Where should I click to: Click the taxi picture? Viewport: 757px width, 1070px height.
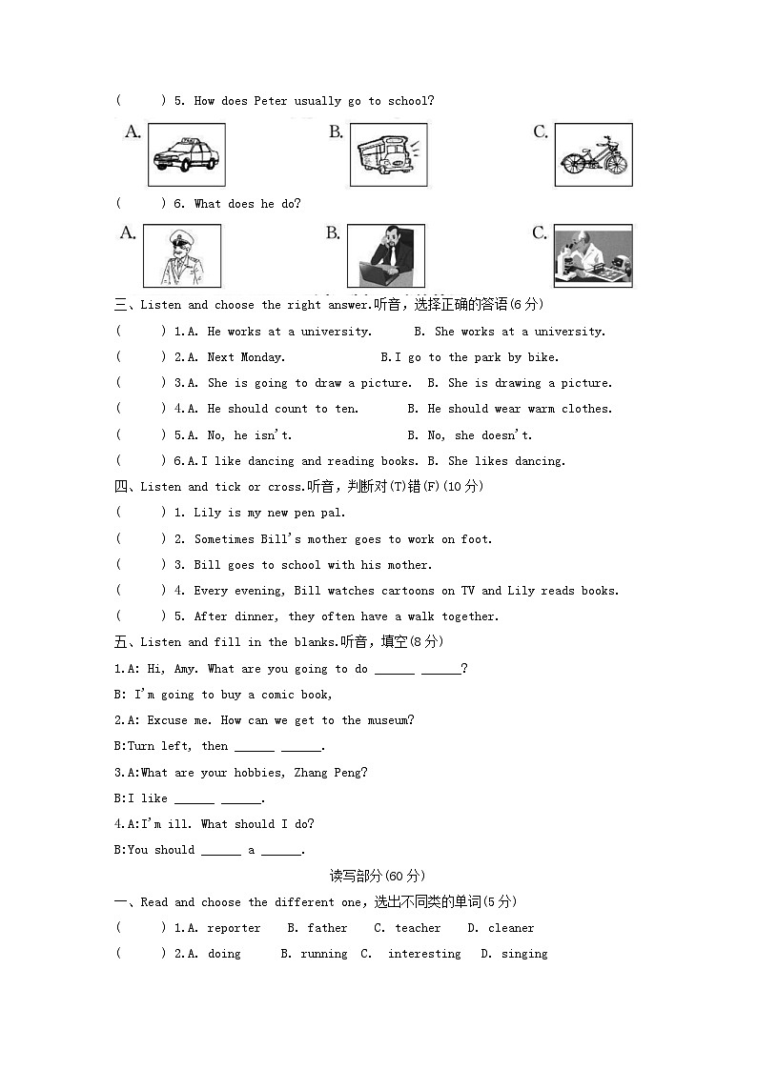click(x=187, y=154)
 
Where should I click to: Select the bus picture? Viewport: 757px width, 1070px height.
click(x=388, y=154)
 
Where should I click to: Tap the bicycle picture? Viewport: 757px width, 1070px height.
click(x=593, y=154)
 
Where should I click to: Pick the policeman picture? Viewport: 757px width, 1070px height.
click(x=181, y=255)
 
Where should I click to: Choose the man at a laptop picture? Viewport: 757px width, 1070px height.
click(x=385, y=255)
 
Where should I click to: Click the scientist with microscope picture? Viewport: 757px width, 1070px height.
click(x=593, y=255)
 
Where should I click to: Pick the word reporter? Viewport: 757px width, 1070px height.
click(x=234, y=928)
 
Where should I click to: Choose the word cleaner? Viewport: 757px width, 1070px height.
click(x=511, y=928)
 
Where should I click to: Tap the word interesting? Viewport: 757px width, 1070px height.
click(x=424, y=954)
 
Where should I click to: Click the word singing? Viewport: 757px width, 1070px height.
click(x=524, y=954)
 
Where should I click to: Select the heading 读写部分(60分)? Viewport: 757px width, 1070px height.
click(x=378, y=876)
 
